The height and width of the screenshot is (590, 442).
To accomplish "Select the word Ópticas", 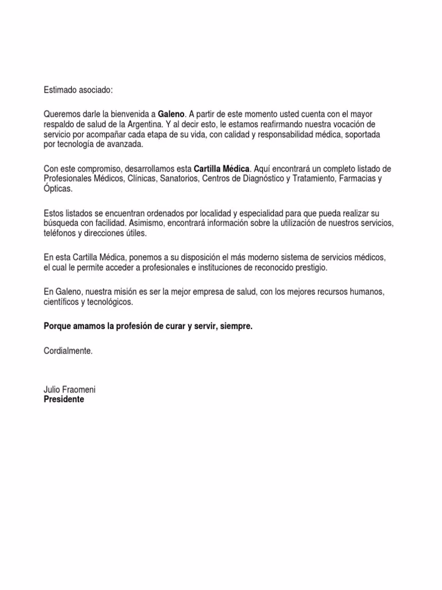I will [59, 188].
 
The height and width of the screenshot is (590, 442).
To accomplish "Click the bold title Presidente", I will [64, 399].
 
